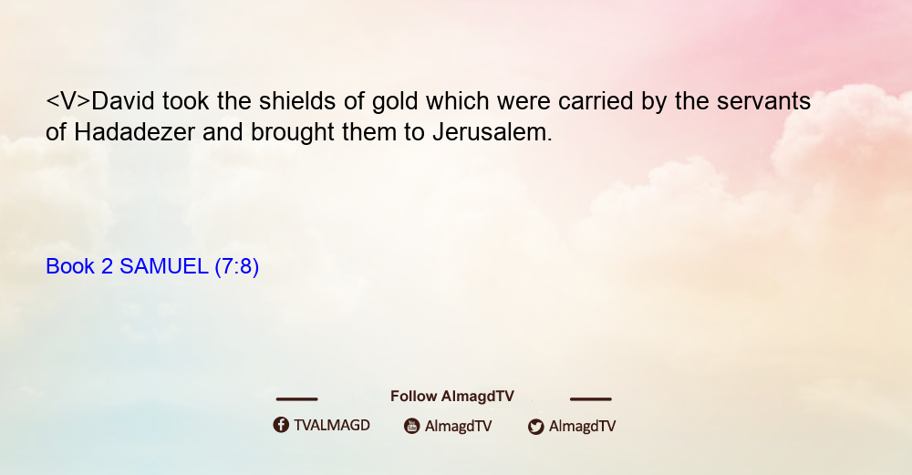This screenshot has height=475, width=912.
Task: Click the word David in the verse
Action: [x=123, y=101]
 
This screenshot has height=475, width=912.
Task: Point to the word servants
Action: [x=763, y=102]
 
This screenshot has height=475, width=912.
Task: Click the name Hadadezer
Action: [x=134, y=132]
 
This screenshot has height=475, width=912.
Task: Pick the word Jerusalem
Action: [x=492, y=132]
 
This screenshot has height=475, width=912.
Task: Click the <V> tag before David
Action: [x=68, y=101]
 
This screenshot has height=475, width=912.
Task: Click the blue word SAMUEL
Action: [x=163, y=266]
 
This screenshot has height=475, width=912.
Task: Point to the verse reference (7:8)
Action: [x=237, y=267]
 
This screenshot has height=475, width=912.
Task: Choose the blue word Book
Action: [x=70, y=266]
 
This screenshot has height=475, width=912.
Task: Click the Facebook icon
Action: [x=281, y=425]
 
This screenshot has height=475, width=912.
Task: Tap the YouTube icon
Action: [x=412, y=426]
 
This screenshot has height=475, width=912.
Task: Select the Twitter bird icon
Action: [x=535, y=427]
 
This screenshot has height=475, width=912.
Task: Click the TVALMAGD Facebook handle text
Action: [x=332, y=426]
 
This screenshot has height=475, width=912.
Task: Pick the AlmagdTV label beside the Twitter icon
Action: [x=582, y=427]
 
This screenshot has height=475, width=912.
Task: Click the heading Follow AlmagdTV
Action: [x=452, y=397]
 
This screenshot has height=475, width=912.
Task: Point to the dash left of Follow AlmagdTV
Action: [x=296, y=398]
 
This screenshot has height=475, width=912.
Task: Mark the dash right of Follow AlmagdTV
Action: [x=590, y=398]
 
